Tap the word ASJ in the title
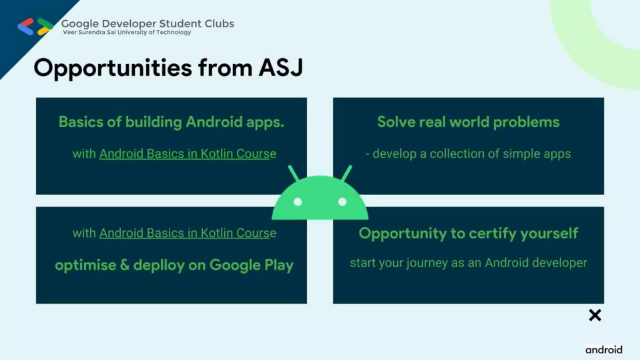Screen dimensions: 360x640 click(281, 68)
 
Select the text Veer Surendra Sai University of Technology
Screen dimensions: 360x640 click(127, 32)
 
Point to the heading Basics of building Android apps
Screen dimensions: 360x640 click(171, 122)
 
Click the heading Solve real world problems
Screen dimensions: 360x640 click(468, 122)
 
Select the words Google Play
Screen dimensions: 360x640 click(251, 265)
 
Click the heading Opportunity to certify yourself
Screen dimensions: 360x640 click(468, 233)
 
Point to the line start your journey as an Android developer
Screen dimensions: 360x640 click(468, 263)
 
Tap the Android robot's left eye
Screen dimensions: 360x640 click(298, 202)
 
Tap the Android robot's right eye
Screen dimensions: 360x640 click(342, 202)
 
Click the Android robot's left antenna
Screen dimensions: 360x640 click(293, 173)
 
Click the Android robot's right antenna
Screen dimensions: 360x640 click(347, 173)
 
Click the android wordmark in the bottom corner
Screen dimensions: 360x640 click(604, 350)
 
